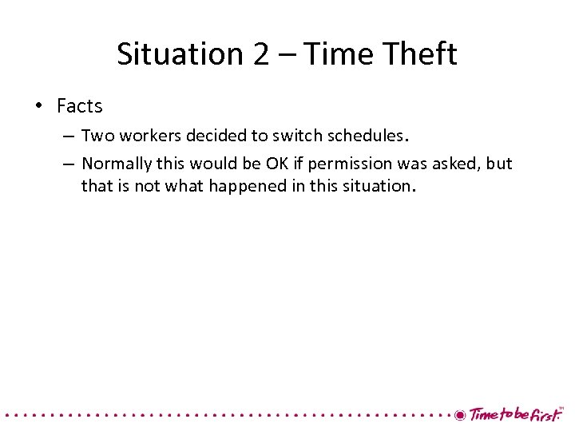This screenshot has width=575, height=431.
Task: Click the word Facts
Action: point(80,105)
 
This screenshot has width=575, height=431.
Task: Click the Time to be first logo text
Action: point(515,414)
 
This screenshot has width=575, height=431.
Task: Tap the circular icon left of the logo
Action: point(460,415)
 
